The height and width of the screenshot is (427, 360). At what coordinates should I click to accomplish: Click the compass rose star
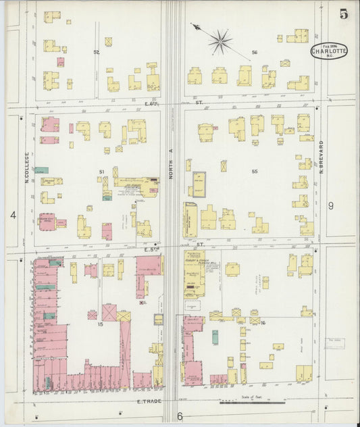(220, 42)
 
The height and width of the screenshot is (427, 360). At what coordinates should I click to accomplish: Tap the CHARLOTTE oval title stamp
(329, 51)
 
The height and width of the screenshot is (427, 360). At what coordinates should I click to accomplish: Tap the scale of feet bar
(252, 403)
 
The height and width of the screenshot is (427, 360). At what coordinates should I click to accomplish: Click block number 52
(97, 52)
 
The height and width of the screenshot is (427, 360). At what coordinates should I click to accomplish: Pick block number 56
(255, 52)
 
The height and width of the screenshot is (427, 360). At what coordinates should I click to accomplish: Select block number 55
(255, 172)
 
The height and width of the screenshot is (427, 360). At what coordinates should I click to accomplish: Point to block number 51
(102, 172)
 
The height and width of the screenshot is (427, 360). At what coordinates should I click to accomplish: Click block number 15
(99, 326)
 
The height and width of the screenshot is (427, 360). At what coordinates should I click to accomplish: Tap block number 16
(263, 324)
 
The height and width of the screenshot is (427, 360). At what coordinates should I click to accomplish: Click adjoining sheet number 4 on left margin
(13, 215)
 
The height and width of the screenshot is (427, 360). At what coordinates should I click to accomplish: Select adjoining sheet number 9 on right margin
(331, 205)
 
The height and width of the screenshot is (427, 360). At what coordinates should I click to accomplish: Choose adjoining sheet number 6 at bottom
(180, 416)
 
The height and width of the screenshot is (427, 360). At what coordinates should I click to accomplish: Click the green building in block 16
(215, 336)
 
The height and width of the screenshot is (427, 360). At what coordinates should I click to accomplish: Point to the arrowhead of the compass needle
(194, 26)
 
